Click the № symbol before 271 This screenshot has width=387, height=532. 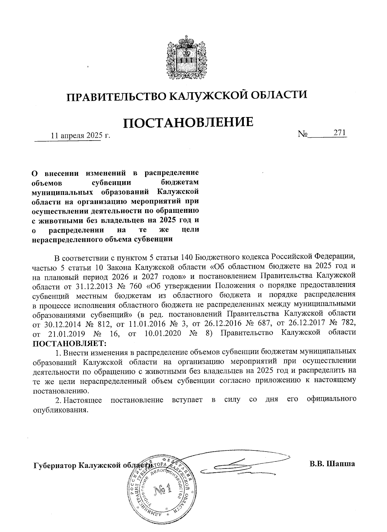303,134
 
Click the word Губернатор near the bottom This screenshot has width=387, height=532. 55,466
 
